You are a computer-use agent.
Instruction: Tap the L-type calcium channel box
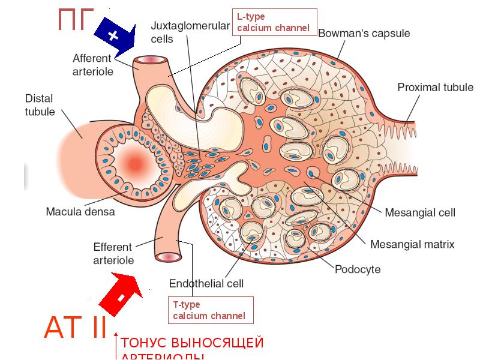coord(273,23)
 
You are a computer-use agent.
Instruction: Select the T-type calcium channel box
coord(209,310)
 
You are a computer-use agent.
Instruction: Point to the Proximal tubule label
coord(435,88)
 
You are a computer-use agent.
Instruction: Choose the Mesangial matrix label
coord(412,244)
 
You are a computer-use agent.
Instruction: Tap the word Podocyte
coord(357,269)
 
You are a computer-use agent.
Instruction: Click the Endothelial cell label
coord(206,283)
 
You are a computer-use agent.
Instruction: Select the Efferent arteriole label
coord(113,253)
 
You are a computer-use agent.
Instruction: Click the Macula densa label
coord(80,211)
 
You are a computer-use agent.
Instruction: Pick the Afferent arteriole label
coord(93,65)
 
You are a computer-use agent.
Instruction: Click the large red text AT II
coord(75,328)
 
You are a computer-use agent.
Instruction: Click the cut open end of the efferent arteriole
coord(169,257)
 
